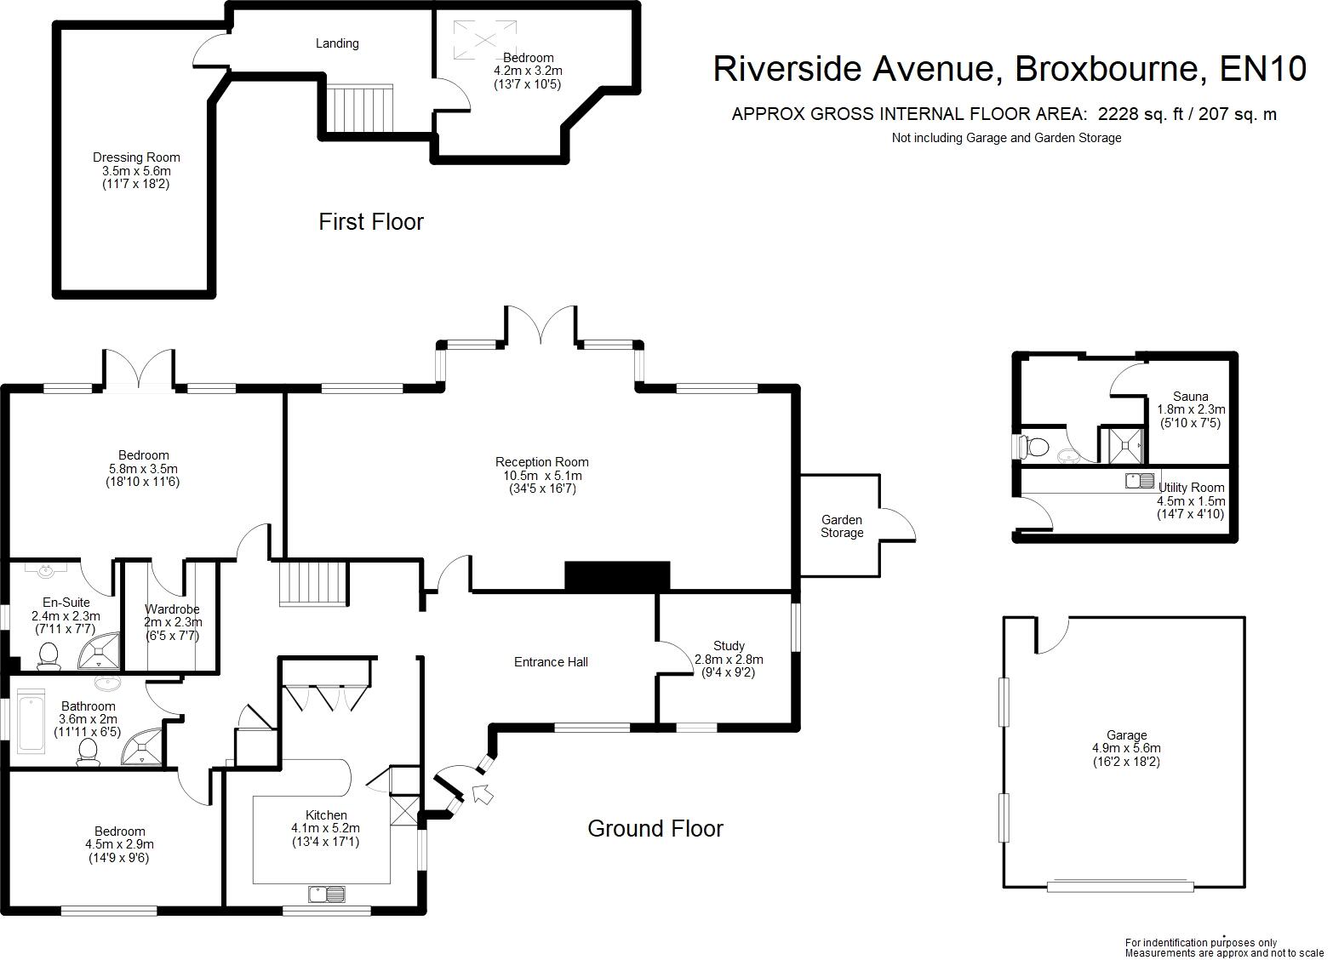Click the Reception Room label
[542, 462]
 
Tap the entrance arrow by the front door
[483, 795]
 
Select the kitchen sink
[326, 894]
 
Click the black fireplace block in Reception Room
[617, 576]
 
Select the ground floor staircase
[313, 583]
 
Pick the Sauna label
[1190, 397]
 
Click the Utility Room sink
[1139, 481]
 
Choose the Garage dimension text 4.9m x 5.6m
[1126, 748]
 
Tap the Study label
[729, 646]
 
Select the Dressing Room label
[136, 157]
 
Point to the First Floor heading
[371, 222]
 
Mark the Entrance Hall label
[551, 662]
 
